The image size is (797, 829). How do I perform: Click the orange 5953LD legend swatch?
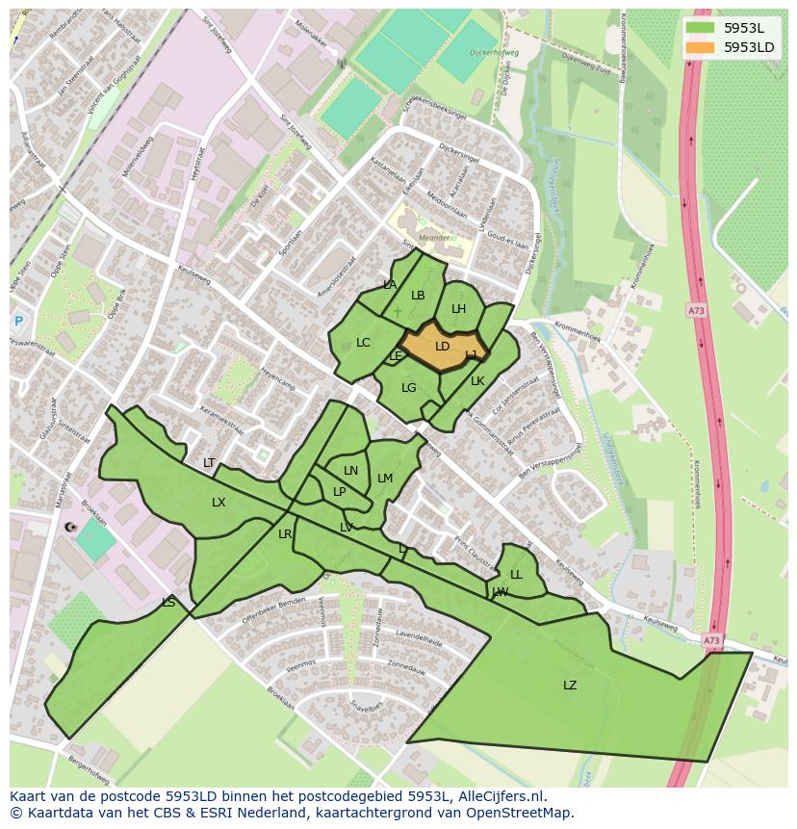point(701,47)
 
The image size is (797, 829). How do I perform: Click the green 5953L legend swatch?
point(701,28)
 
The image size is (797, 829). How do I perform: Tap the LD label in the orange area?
point(443,347)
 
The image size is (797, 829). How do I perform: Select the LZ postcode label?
point(570,686)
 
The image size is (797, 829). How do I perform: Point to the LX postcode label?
point(219,503)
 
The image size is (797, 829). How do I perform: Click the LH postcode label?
point(459,309)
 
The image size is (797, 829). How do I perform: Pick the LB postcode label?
point(418,296)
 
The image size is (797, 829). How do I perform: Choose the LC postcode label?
point(363,343)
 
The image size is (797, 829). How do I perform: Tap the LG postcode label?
point(409,388)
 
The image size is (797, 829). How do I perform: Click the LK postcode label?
point(477,381)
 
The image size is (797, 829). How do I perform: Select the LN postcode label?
point(350,471)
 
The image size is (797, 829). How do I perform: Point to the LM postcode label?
point(385,479)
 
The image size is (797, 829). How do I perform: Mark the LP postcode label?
point(339,492)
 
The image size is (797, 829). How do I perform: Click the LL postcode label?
point(516,575)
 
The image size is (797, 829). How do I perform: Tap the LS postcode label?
point(168,603)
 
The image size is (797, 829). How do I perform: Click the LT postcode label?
point(209,464)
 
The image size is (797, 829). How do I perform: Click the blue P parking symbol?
point(17,322)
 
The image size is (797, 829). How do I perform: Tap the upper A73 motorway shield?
point(696,310)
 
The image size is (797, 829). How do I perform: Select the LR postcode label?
point(285,534)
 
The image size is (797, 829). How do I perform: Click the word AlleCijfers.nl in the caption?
point(502,797)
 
